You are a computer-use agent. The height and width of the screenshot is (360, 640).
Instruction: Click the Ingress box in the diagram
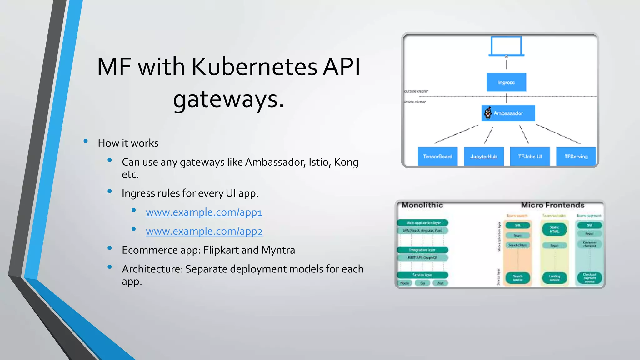click(x=506, y=82)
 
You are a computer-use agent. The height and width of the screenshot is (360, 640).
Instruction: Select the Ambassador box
click(x=508, y=113)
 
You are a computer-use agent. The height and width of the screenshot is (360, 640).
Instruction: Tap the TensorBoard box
click(x=437, y=156)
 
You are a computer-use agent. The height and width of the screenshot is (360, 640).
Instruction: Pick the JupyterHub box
click(x=484, y=156)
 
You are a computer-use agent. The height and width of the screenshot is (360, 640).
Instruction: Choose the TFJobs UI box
click(x=530, y=156)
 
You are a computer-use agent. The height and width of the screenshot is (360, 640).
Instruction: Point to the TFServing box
click(x=576, y=156)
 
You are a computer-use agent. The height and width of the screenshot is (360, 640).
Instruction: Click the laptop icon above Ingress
click(x=506, y=46)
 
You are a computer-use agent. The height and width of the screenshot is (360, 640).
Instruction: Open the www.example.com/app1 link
click(x=204, y=212)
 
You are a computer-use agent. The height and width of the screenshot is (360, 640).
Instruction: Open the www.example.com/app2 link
click(x=204, y=231)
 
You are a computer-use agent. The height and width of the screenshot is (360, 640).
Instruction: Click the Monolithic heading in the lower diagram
click(x=422, y=205)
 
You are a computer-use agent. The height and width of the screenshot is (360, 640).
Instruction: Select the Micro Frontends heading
click(x=552, y=205)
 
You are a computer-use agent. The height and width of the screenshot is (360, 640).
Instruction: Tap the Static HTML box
click(x=554, y=229)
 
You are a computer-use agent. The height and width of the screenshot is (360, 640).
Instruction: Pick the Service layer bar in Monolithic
click(x=422, y=275)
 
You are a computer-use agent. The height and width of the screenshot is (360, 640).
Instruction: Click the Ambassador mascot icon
click(x=488, y=113)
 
